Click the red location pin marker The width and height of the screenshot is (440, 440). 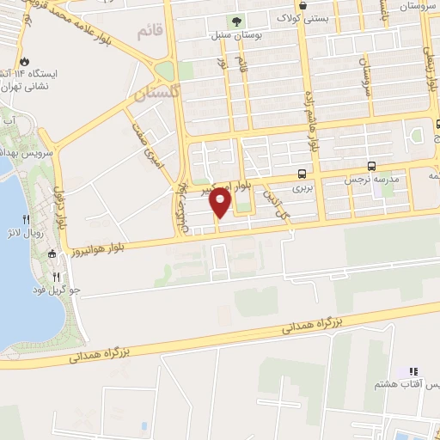point(222,203)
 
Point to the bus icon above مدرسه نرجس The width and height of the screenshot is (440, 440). point(370,166)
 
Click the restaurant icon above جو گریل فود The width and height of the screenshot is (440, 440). point(57,277)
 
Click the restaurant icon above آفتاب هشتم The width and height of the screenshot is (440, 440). point(414,371)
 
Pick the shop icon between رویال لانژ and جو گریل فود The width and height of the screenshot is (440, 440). point(52,253)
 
